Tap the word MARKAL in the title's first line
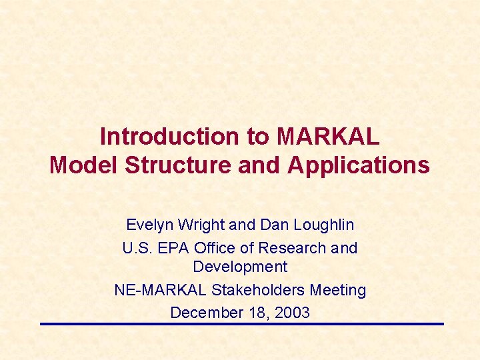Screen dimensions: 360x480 328,137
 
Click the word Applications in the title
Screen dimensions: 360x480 358,165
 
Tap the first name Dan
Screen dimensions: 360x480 273,225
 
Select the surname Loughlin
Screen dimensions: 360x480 323,225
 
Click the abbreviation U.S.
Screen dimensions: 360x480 137,248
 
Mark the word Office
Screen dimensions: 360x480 215,248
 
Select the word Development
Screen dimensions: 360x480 240,267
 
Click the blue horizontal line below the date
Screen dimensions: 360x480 241,324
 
